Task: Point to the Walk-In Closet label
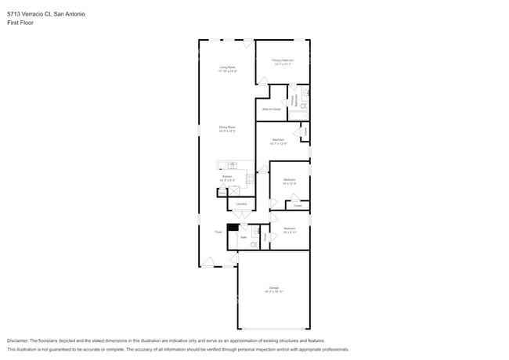click(x=271, y=109)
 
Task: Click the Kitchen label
click(x=227, y=177)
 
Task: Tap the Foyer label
click(x=218, y=232)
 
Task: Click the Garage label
click(x=273, y=289)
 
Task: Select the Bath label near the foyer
click(x=244, y=236)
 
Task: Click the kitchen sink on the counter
click(x=232, y=164)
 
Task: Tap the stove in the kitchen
click(x=250, y=178)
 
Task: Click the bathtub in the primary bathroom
click(x=298, y=115)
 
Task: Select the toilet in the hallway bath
click(x=253, y=245)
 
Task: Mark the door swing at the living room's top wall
click(x=248, y=44)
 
